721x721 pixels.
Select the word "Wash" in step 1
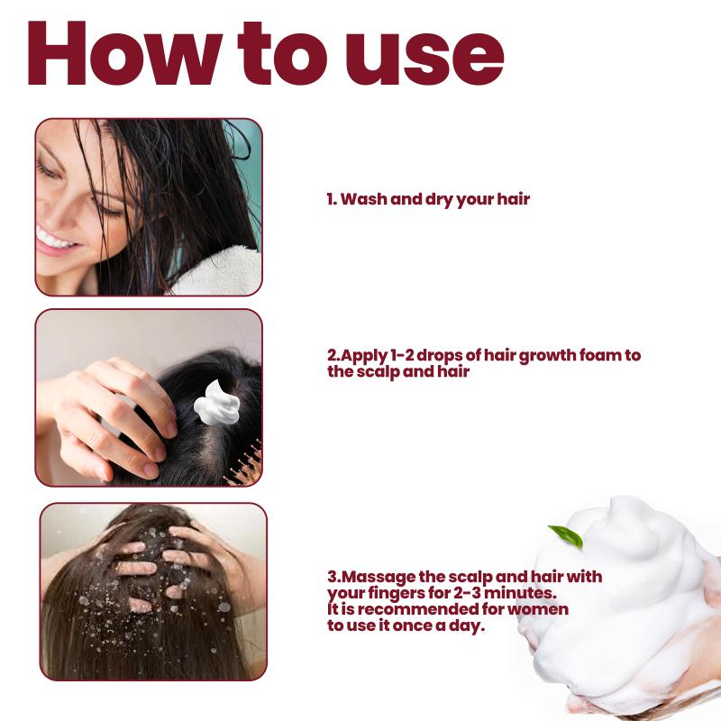pos(364,199)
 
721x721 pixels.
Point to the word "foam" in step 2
pos(600,355)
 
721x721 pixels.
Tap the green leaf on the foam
pos(567,536)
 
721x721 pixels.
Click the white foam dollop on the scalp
pos(216,403)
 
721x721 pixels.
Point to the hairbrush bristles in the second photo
pos(245,465)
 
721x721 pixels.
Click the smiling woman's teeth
pos(52,240)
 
